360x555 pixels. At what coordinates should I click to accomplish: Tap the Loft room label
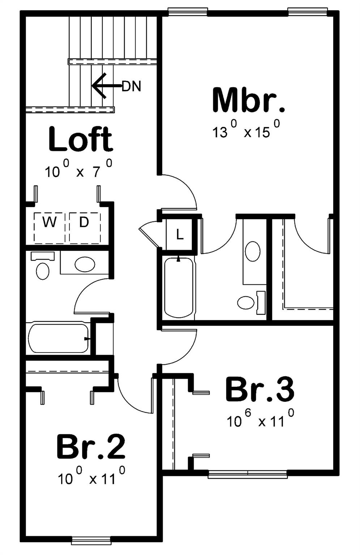(80, 139)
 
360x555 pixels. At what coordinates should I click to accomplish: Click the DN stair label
(131, 86)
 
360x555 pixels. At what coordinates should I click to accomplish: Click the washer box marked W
(49, 227)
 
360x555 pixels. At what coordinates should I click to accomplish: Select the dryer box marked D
(85, 227)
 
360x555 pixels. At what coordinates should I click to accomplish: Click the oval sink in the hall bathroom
(85, 264)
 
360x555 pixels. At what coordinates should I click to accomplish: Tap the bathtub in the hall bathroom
(58, 338)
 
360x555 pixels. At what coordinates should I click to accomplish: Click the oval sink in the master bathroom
(253, 251)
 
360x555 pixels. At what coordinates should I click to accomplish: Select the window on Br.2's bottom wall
(91, 541)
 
